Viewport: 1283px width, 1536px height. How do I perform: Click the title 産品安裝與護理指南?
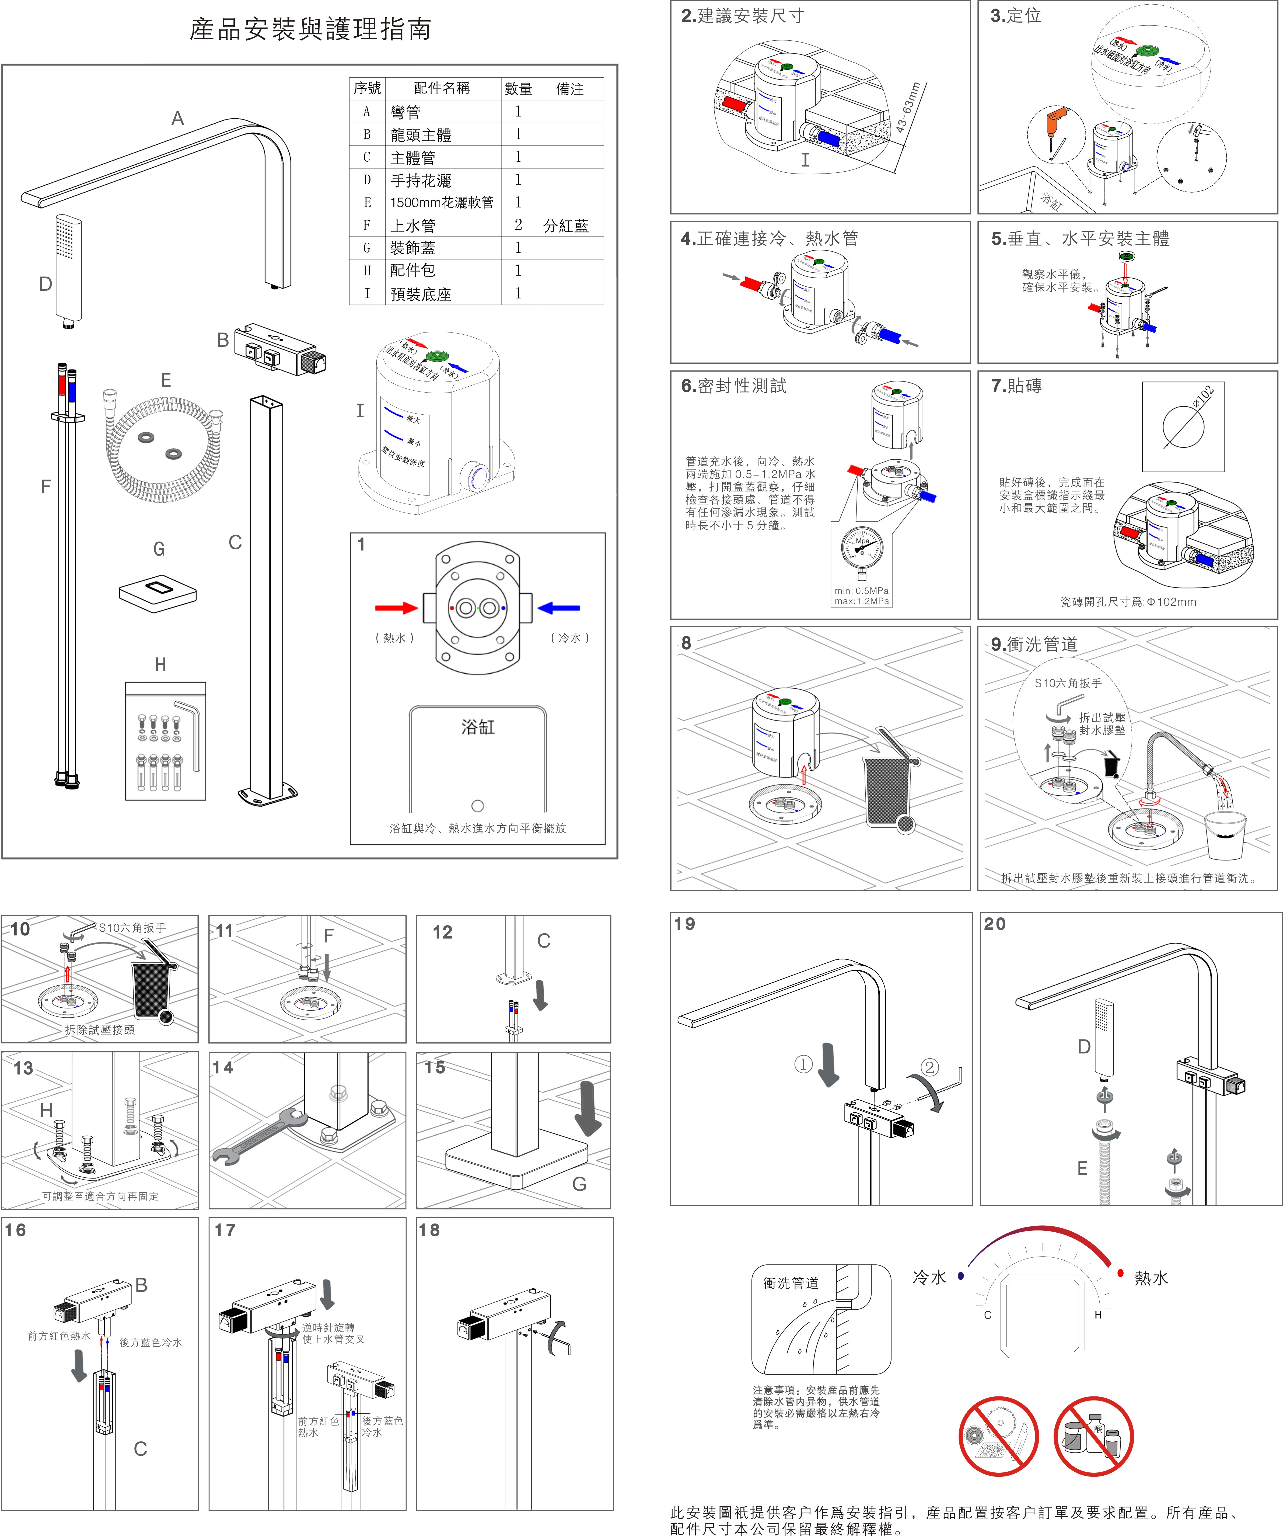click(x=310, y=29)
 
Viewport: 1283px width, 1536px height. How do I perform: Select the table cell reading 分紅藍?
click(x=566, y=226)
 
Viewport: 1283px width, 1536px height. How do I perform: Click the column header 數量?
click(x=518, y=88)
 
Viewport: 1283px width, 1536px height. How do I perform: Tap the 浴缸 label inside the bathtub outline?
click(x=477, y=727)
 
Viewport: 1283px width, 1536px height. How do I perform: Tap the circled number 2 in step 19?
click(x=929, y=1067)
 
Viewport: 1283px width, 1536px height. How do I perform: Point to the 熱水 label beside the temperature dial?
click(x=1151, y=1278)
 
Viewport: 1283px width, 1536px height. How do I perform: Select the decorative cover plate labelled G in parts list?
click(x=158, y=592)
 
